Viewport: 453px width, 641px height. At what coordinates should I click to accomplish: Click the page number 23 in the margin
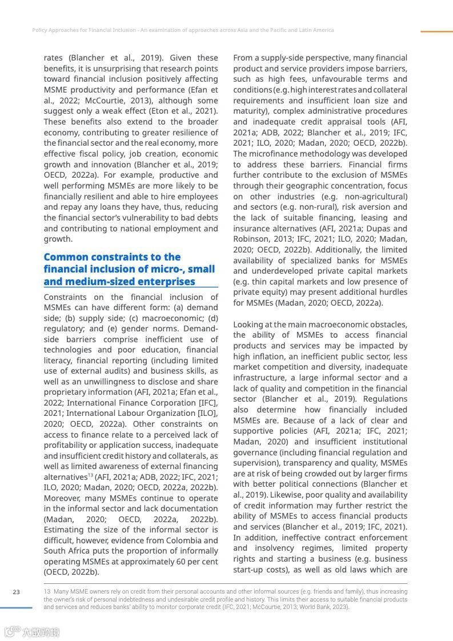point(16,592)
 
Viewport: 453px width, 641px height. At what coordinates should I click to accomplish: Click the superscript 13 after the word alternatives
point(90,475)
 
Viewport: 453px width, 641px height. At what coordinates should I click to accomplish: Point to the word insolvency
point(272,548)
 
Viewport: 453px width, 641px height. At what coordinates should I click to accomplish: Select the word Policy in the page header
point(41,30)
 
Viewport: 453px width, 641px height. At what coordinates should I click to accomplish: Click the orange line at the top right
point(436,32)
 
